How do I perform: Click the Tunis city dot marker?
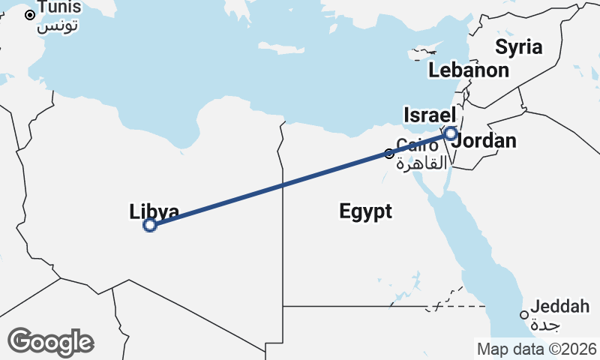click(x=30, y=15)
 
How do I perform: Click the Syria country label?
click(x=518, y=47)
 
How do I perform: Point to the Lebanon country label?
click(x=469, y=70)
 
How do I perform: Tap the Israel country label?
click(x=430, y=115)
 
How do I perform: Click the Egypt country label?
click(x=365, y=211)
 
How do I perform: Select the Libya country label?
click(x=154, y=211)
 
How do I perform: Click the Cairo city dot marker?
click(x=389, y=154)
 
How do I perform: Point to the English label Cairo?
click(x=417, y=145)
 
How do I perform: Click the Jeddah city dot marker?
click(x=524, y=315)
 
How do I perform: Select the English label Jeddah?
click(x=559, y=307)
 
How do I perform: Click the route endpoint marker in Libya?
click(x=150, y=224)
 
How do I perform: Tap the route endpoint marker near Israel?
click(x=450, y=133)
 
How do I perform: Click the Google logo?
click(x=50, y=342)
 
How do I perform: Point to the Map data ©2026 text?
click(x=536, y=349)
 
